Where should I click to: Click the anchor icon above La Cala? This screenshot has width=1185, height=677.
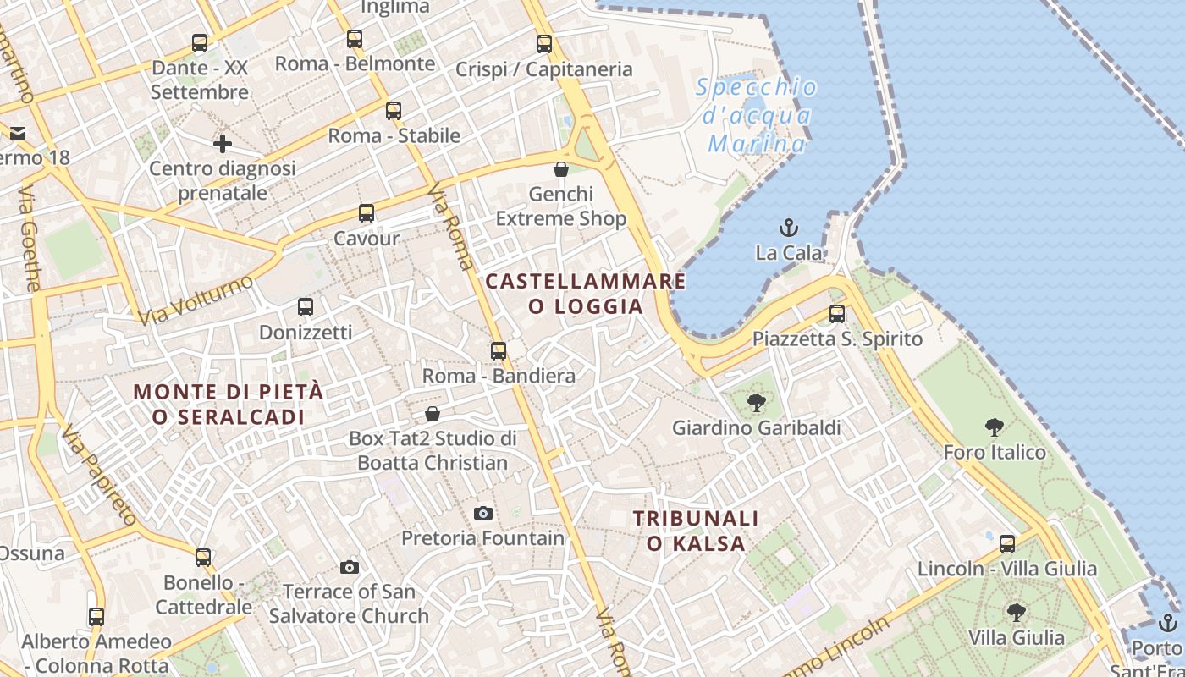pyautogui.click(x=789, y=227)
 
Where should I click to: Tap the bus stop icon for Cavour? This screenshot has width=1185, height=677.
pyautogui.click(x=367, y=213)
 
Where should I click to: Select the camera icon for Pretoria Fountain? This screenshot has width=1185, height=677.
pyautogui.click(x=483, y=513)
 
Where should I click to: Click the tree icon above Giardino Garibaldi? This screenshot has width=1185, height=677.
pyautogui.click(x=757, y=403)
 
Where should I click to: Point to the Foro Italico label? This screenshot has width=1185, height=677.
pyautogui.click(x=995, y=452)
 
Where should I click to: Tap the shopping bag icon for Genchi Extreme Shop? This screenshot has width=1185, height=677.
pyautogui.click(x=560, y=169)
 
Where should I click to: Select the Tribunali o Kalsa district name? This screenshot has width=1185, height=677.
pyautogui.click(x=696, y=531)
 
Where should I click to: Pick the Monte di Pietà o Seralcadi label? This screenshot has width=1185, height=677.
pyautogui.click(x=229, y=404)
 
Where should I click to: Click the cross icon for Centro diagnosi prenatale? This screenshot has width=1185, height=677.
pyautogui.click(x=223, y=144)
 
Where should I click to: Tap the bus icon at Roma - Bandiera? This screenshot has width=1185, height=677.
pyautogui.click(x=499, y=350)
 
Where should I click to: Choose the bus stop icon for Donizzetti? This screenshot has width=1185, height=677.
pyautogui.click(x=306, y=307)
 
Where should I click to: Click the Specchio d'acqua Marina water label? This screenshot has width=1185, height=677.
pyautogui.click(x=757, y=115)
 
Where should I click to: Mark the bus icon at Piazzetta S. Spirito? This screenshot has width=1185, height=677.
pyautogui.click(x=837, y=314)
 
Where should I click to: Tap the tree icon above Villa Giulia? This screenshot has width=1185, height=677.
pyautogui.click(x=1017, y=612)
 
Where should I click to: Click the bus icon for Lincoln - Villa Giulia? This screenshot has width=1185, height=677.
pyautogui.click(x=1007, y=543)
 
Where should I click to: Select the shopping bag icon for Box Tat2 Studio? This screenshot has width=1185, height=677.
pyautogui.click(x=433, y=414)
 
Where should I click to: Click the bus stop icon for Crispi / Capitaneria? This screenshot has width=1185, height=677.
pyautogui.click(x=544, y=44)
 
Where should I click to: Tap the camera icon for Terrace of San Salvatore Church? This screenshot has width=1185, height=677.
pyautogui.click(x=350, y=567)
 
